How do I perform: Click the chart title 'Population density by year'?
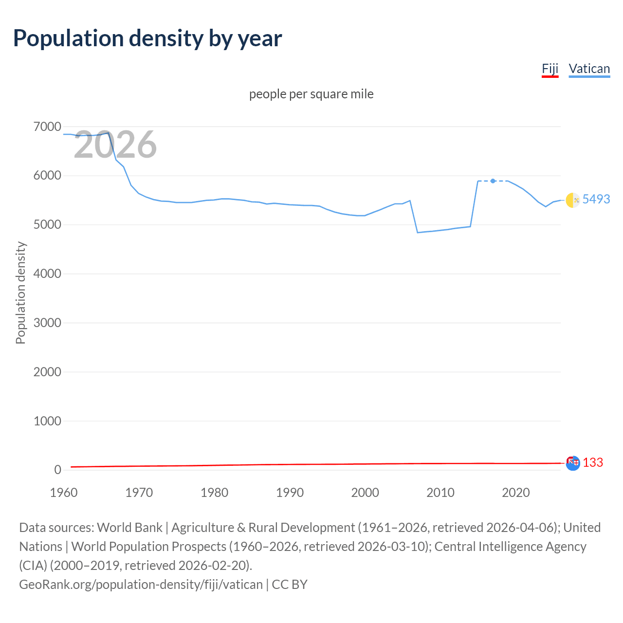point(147,38)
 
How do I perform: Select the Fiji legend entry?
point(550,69)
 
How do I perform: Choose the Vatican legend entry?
point(589,69)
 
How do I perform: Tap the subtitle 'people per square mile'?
point(311,94)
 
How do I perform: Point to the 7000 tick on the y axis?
point(47,127)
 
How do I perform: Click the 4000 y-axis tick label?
point(47,274)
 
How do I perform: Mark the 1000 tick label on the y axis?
point(47,421)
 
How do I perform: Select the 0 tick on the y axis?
point(57,470)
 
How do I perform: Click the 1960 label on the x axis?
point(64,493)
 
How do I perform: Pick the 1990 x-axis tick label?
point(290,493)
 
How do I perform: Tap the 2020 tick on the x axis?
point(515,493)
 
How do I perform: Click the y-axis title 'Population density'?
point(20,293)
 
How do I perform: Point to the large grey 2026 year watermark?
point(115,145)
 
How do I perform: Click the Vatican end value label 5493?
point(596,199)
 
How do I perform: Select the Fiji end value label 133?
point(592,462)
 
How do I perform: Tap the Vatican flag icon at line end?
point(573,200)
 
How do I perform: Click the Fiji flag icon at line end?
point(573,463)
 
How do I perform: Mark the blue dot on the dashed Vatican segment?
point(493,181)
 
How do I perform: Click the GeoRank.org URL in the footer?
point(141,584)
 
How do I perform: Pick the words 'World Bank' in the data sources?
point(129,528)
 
